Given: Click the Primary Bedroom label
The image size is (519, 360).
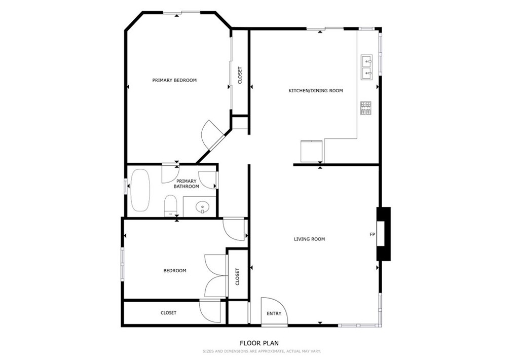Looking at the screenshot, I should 174,80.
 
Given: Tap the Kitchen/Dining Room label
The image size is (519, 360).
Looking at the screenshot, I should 315,91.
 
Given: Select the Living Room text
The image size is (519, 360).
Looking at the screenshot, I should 309,239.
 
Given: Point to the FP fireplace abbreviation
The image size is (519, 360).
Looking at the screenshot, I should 372,235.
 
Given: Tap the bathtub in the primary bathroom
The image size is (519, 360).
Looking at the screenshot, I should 140,190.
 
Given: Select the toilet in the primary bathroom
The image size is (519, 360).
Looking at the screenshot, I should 170,206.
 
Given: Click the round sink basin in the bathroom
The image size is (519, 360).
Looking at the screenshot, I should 202,207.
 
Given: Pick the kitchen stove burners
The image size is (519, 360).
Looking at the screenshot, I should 365,107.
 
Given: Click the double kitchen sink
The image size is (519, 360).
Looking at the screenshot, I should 366,68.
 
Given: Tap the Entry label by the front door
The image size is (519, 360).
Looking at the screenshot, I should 274,313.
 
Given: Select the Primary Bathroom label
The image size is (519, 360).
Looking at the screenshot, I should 186,184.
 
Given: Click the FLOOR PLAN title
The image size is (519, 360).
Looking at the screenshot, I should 259,343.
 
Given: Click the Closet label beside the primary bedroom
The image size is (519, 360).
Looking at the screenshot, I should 240,76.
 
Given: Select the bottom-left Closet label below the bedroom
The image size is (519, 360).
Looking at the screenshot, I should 168,313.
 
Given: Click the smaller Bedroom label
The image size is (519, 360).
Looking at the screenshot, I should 174,271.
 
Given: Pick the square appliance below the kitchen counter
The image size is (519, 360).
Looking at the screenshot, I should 311,151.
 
